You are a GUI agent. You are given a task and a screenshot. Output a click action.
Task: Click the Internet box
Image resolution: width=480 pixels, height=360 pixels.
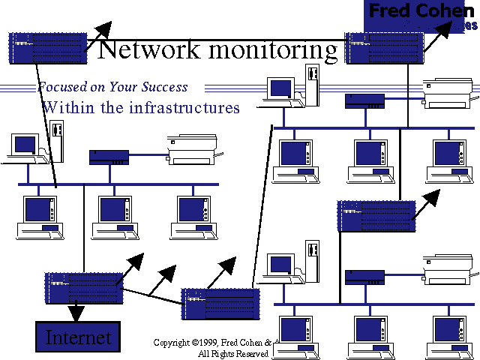click(79, 337)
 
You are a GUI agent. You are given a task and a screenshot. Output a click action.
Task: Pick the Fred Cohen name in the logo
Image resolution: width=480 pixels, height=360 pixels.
click(421, 13)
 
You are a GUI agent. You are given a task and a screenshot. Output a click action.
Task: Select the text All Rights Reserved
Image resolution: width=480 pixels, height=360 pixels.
click(232, 353)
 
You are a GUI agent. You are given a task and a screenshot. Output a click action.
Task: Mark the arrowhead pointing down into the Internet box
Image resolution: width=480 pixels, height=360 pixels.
click(76, 310)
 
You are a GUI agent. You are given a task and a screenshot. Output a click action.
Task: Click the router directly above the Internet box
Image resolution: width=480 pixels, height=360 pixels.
click(82, 288)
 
